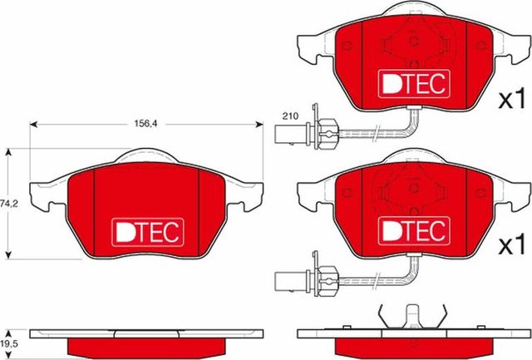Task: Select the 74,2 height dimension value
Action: [x=9, y=202]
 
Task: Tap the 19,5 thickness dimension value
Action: [x=9, y=343]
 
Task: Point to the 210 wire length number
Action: [x=290, y=116]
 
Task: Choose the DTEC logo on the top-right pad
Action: [x=413, y=81]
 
